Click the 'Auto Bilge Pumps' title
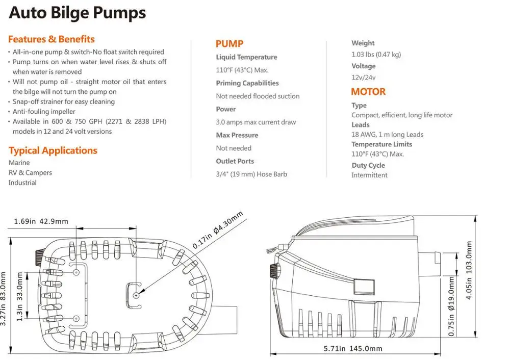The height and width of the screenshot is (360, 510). (x=78, y=13)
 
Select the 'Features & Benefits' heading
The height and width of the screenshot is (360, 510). (x=52, y=39)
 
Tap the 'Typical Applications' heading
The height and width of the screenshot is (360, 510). (x=53, y=150)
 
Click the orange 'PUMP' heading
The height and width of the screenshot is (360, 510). (x=229, y=43)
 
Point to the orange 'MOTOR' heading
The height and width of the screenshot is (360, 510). (x=368, y=92)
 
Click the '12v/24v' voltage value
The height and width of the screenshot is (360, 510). (x=363, y=78)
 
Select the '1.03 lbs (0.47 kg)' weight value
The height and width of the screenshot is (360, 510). (x=376, y=55)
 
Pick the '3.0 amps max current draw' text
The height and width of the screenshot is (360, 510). (x=256, y=122)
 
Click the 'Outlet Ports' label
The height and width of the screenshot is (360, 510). (x=235, y=161)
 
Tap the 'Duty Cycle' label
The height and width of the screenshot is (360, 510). (x=368, y=165)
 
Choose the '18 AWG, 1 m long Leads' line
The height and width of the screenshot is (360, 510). (x=388, y=134)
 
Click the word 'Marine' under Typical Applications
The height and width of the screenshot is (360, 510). (x=19, y=163)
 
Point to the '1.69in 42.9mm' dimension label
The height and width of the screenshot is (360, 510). (x=41, y=221)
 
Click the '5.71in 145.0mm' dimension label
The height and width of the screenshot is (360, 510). (x=353, y=348)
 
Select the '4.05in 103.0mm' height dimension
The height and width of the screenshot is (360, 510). (x=469, y=270)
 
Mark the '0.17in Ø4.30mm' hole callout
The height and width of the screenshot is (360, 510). (x=218, y=230)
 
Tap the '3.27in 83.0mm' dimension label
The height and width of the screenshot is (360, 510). (x=3, y=298)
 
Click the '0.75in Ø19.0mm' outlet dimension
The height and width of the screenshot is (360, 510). (x=451, y=306)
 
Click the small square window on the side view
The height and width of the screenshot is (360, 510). (x=364, y=287)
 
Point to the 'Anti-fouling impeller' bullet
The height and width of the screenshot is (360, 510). (x=44, y=112)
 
